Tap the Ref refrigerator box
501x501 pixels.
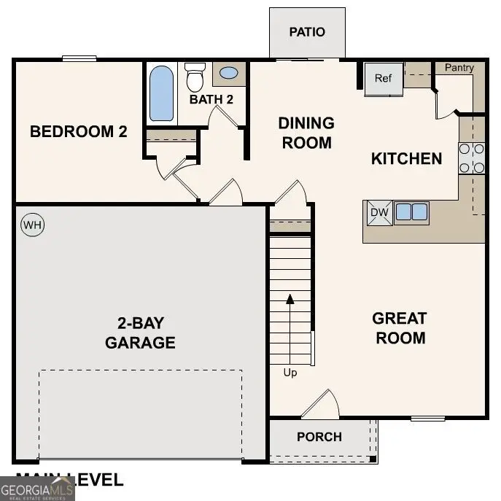(384, 79)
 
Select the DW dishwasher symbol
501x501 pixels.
(378, 212)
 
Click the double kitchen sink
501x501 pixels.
(411, 212)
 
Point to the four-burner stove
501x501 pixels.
(472, 158)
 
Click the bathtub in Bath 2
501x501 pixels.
(162, 93)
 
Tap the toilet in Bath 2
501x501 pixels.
(195, 76)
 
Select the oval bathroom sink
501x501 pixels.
(229, 74)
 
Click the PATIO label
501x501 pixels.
(307, 32)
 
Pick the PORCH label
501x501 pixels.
(319, 437)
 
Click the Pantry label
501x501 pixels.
(459, 68)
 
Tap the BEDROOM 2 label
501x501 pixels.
(79, 132)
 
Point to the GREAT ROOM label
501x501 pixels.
(400, 328)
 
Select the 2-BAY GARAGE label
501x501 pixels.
(140, 333)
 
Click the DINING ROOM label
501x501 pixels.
(306, 133)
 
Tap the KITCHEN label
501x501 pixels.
(407, 158)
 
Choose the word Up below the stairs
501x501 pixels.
(290, 373)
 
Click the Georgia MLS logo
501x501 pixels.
(37, 488)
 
